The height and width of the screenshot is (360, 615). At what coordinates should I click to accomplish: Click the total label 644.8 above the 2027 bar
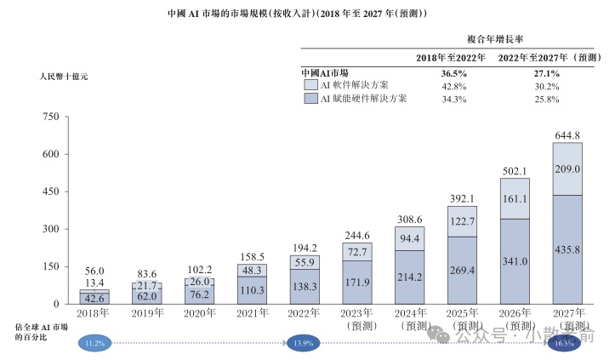point(567,135)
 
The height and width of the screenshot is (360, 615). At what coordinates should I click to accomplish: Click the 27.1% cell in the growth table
point(547,73)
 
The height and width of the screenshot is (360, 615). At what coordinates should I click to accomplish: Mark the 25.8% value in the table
point(547,99)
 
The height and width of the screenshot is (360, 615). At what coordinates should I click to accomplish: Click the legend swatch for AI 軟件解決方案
point(310,86)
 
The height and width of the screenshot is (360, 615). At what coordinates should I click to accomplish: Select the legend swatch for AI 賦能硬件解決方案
point(310,99)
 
